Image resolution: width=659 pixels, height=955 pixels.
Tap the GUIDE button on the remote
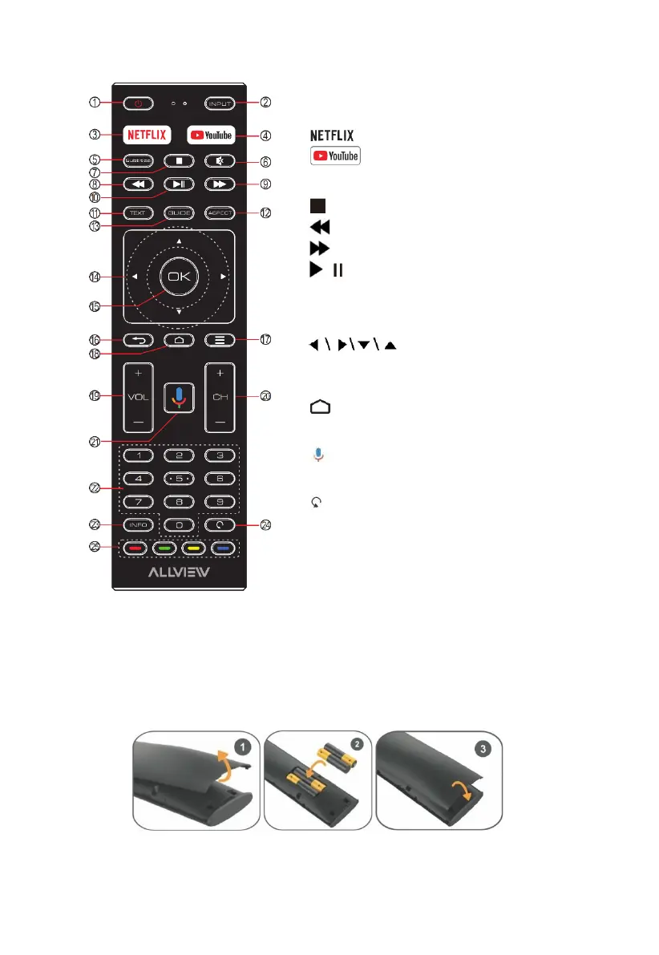point(179,214)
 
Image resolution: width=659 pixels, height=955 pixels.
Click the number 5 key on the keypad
point(179,479)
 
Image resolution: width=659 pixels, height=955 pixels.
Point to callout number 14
point(95,277)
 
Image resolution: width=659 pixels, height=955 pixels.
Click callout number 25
point(95,550)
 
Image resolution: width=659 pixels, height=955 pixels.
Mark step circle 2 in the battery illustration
point(357,745)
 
